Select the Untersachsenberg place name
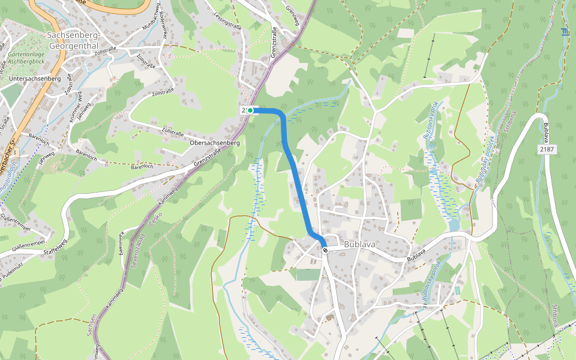[35, 79]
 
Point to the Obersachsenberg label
[214, 143]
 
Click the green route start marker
[250, 110]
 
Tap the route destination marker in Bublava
[325, 249]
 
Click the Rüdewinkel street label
[163, 28]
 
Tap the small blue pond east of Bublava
[454, 224]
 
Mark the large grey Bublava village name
[360, 245]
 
